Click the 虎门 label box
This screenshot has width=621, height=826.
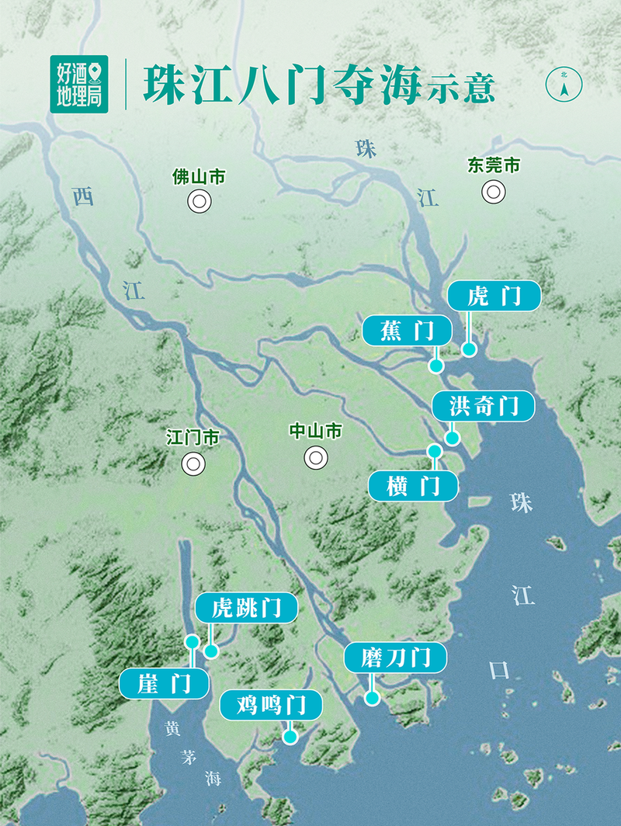(x=494, y=297)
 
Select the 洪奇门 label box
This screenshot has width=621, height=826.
(x=483, y=406)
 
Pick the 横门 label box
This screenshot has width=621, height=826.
(x=413, y=486)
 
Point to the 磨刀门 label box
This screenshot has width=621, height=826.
(x=396, y=658)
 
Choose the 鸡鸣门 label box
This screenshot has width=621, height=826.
(x=270, y=706)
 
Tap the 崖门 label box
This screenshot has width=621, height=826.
(x=165, y=684)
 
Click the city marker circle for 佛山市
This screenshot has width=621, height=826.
(x=199, y=202)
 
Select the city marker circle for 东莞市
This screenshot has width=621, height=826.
(x=493, y=191)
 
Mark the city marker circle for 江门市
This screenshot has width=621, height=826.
(x=193, y=464)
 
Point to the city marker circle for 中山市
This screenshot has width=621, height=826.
(x=315, y=457)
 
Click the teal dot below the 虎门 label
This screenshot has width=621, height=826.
(x=469, y=349)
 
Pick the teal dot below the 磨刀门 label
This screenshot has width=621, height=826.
(x=373, y=698)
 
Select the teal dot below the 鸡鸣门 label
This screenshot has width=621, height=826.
(x=290, y=737)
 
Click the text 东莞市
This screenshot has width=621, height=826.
(x=494, y=165)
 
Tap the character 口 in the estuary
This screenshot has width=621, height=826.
(x=499, y=669)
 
